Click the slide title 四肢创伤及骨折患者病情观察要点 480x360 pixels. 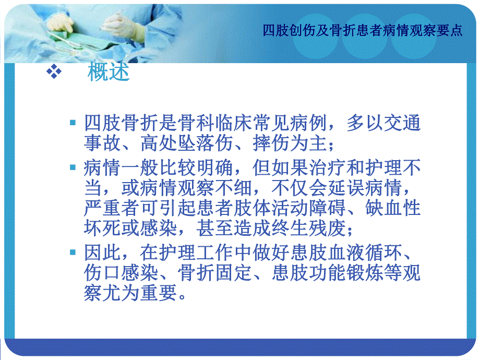tap(363, 30)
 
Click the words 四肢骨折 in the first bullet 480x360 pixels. tap(122, 124)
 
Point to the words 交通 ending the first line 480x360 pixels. tap(403, 124)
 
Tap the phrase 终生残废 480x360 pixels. tap(309, 228)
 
